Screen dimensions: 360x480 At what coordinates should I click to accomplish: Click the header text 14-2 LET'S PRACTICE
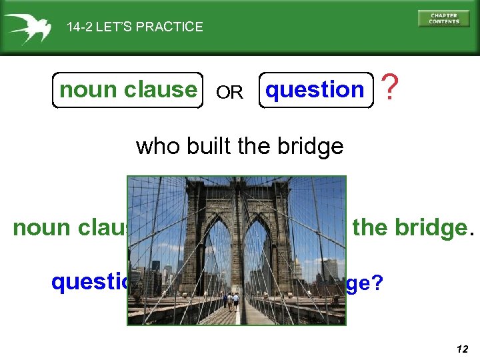tap(135, 27)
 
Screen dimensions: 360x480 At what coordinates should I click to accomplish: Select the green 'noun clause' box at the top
tap(127, 90)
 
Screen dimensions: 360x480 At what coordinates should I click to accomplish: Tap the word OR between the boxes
tap(230, 93)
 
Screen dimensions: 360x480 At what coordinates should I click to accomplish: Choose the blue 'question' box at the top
tap(315, 90)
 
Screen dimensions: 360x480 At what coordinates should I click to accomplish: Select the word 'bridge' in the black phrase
tap(313, 146)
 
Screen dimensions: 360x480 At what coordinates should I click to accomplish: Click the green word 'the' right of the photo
tap(371, 228)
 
